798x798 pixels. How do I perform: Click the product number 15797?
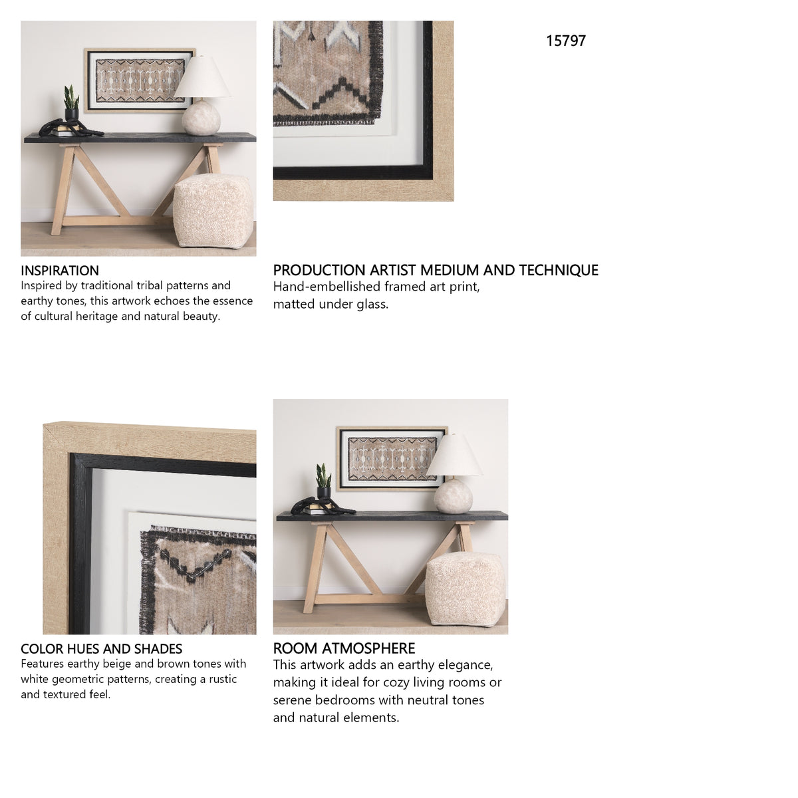click(566, 41)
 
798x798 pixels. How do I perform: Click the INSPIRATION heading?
click(60, 271)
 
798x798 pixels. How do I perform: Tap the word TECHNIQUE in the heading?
click(559, 271)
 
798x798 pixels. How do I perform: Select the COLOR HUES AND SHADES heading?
click(102, 648)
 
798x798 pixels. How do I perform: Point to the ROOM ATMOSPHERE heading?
click(344, 648)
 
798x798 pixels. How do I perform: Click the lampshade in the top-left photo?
click(202, 77)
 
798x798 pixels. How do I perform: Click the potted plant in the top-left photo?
click(70, 104)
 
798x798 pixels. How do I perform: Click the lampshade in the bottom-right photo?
click(454, 455)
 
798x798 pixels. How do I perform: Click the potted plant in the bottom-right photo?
click(323, 481)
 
